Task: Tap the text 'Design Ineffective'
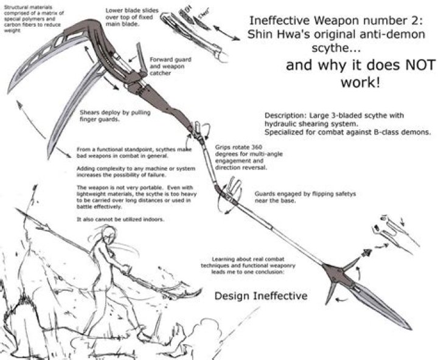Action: pos(261,296)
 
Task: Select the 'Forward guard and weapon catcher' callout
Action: pos(166,66)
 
